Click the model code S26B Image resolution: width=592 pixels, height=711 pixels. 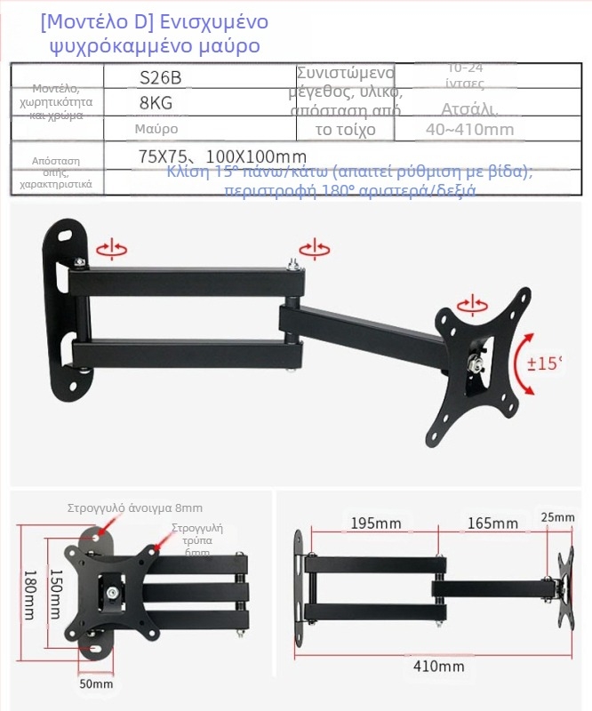click(x=161, y=77)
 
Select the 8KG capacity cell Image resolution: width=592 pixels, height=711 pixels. click(x=156, y=103)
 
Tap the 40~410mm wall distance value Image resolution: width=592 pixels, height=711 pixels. click(x=469, y=130)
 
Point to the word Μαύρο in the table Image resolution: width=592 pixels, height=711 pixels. click(x=156, y=130)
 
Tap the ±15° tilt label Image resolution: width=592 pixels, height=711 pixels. click(x=546, y=363)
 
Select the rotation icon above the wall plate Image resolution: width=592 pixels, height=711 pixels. click(x=111, y=250)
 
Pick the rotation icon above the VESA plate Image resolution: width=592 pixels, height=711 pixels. click(x=471, y=308)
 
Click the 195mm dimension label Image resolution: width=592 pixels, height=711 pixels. click(x=374, y=523)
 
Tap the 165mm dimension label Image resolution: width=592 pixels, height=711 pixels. click(x=492, y=523)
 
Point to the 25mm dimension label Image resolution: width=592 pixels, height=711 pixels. click(x=557, y=517)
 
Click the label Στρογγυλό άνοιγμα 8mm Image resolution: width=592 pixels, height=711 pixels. click(x=135, y=508)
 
